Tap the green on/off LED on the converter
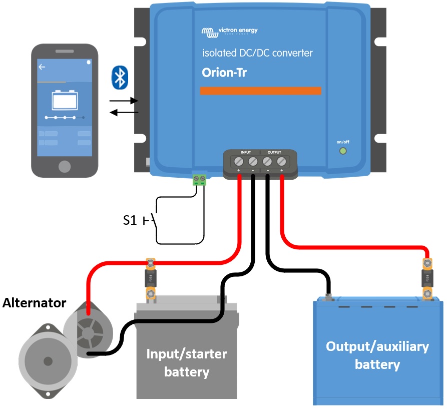point(343,151)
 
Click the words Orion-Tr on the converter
point(224,73)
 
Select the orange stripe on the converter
point(260,91)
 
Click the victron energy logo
point(230,32)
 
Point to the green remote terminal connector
point(200,179)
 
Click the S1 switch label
point(130,220)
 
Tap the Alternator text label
point(35,303)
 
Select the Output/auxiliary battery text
point(377,355)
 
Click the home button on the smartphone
point(65,166)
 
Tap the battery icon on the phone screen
point(65,100)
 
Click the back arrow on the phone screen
point(42,67)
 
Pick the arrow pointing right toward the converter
point(124,101)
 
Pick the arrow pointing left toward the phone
point(124,112)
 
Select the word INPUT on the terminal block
point(246,152)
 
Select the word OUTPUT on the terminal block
point(274,152)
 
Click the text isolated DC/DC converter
point(257,53)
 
